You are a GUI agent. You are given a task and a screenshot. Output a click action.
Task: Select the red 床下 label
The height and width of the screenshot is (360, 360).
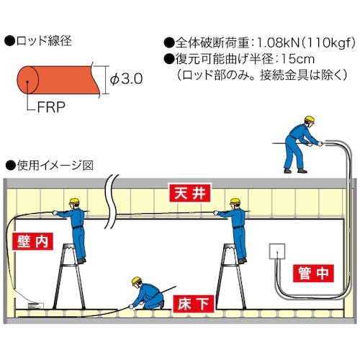coord(194,303)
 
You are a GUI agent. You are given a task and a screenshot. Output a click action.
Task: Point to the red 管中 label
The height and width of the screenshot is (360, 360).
coord(312,273)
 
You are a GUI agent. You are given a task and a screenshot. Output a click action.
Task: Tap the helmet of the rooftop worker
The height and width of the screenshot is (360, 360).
coord(310,120)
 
